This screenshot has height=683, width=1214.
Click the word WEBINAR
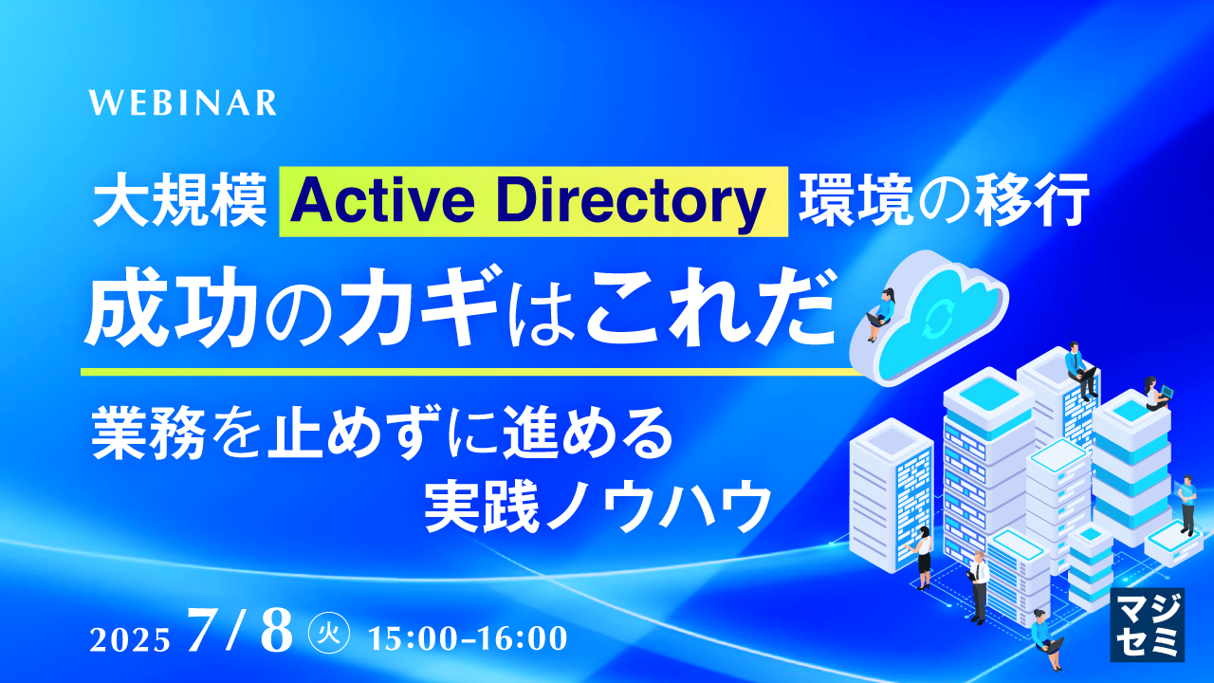pyautogui.click(x=183, y=102)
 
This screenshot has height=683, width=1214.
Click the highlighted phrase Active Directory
pyautogui.click(x=534, y=201)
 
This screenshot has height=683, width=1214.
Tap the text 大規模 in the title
pyautogui.click(x=179, y=202)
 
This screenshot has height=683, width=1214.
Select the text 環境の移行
pyautogui.click(x=941, y=202)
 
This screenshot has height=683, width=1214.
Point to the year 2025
pyautogui.click(x=130, y=638)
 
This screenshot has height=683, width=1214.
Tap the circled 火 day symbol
pyautogui.click(x=331, y=634)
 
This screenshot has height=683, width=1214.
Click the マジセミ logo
pyautogui.click(x=1147, y=623)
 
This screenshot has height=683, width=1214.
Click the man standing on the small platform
pyautogui.click(x=1186, y=506)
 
